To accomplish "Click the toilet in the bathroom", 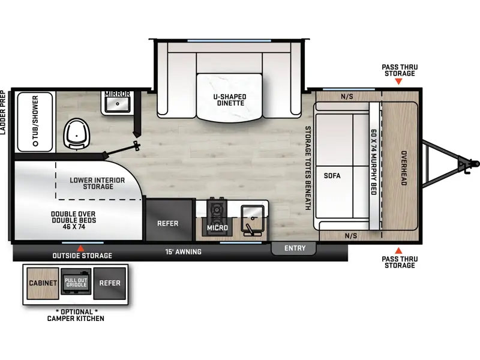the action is pyautogui.click(x=77, y=134).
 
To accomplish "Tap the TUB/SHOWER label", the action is pyautogui.click(x=35, y=121).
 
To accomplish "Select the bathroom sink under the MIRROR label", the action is pyautogui.click(x=117, y=104).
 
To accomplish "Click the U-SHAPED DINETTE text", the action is pyautogui.click(x=230, y=100).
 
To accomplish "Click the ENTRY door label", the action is pyautogui.click(x=295, y=248).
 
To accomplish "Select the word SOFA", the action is pyautogui.click(x=332, y=176).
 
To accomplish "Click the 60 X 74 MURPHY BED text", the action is pyautogui.click(x=374, y=162).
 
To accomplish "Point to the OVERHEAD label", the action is pyautogui.click(x=404, y=168).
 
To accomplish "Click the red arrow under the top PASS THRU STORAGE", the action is pyautogui.click(x=398, y=82).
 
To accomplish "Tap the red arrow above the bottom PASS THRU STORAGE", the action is pyautogui.click(x=398, y=251).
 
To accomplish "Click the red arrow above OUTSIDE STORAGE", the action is pyautogui.click(x=80, y=248).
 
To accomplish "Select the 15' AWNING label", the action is pyautogui.click(x=184, y=252).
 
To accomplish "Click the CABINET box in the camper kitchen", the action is pyautogui.click(x=43, y=283).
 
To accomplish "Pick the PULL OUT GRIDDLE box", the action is pyautogui.click(x=76, y=282).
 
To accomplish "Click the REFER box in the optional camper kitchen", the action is pyautogui.click(x=110, y=283).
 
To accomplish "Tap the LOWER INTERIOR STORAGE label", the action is pyautogui.click(x=97, y=184).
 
